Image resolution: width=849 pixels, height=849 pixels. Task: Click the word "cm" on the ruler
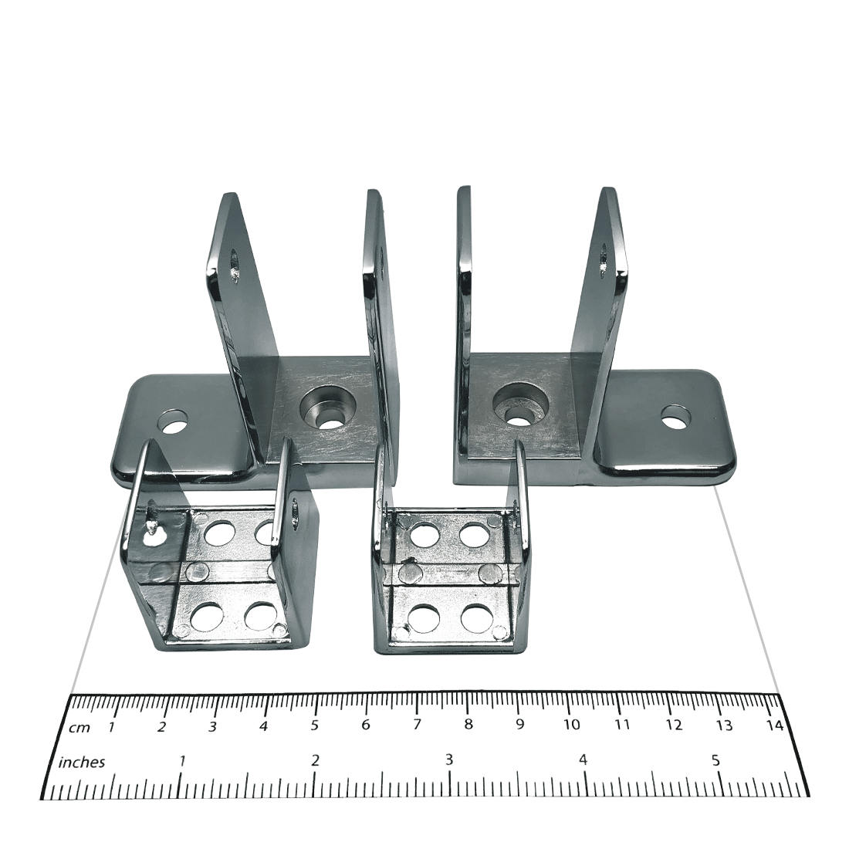point(79,728)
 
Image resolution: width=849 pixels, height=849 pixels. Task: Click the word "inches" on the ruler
point(81,763)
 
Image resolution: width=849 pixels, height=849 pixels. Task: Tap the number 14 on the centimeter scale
point(776,725)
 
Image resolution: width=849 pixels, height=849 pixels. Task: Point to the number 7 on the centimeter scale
point(417,725)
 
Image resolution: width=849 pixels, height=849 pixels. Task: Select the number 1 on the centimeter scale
point(112,726)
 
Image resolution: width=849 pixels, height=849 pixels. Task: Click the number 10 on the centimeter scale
point(571,725)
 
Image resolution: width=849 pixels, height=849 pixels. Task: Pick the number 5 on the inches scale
point(715,760)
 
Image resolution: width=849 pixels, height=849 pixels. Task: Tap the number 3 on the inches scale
point(449,760)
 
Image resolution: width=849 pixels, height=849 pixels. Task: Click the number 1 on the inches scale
point(182,761)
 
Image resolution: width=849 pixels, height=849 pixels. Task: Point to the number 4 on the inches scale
point(583,760)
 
